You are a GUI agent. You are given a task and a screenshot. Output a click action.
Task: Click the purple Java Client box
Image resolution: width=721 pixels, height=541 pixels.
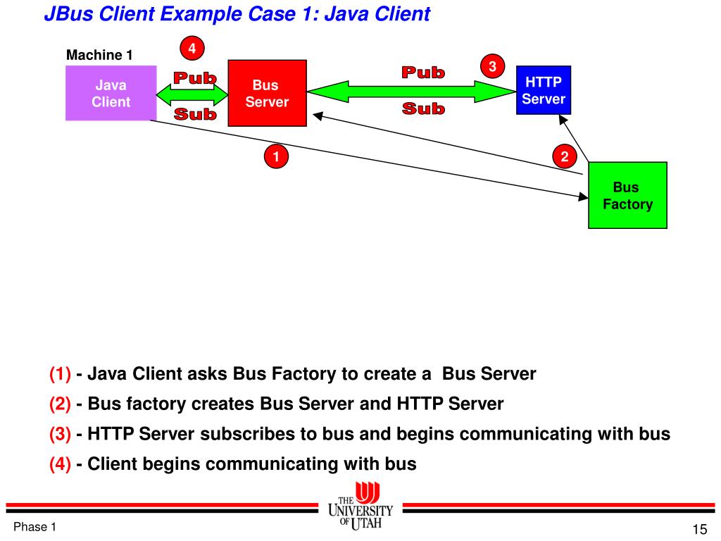pos(111,93)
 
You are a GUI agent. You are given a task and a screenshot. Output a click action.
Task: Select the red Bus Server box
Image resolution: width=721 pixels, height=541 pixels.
pos(267,93)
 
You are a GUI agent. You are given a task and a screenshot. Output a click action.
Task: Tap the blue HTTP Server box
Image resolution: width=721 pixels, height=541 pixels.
pos(543,89)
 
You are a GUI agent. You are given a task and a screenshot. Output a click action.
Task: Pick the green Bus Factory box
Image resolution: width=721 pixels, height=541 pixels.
pos(627,195)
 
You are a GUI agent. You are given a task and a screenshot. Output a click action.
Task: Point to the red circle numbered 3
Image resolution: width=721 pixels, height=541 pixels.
pos(493,66)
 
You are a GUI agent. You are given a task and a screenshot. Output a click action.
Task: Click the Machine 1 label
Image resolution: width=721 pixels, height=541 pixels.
pos(99,55)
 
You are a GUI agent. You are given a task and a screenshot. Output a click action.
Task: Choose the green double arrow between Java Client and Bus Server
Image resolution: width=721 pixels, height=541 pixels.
pos(192,93)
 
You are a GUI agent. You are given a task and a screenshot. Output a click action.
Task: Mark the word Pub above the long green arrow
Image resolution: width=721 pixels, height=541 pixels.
pos(423,73)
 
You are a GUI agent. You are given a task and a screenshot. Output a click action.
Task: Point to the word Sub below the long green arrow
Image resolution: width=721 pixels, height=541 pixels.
pos(423,108)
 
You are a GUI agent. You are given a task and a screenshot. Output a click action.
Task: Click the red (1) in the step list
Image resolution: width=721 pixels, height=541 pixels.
pos(60,374)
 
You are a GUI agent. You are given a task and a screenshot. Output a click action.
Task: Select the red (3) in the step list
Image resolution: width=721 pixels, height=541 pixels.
pos(60,434)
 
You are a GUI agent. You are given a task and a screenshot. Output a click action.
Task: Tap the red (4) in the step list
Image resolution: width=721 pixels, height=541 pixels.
pos(60,464)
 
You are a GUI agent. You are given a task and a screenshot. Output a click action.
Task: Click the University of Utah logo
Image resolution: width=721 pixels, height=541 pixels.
pos(360,506)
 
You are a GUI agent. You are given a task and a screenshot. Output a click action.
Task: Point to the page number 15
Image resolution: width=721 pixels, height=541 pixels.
pos(699,530)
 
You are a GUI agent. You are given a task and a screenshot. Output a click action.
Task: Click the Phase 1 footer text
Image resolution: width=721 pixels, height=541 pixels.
pos(35,527)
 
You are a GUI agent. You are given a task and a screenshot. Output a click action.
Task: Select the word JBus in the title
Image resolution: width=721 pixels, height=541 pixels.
pos(65,14)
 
